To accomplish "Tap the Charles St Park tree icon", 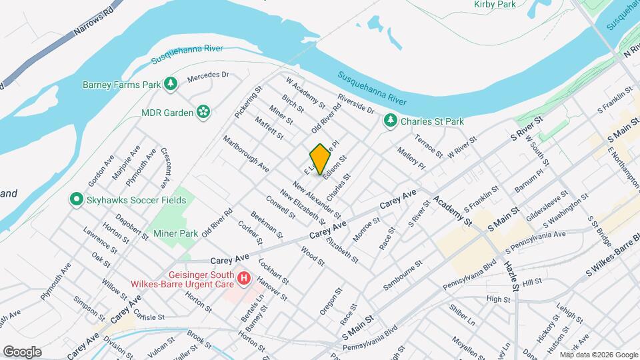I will pyautogui.click(x=390, y=121).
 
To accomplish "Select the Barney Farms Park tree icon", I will pyautogui.click(x=172, y=84).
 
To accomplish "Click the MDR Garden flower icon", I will pyautogui.click(x=203, y=112).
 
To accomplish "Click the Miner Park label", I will pyautogui.click(x=176, y=233).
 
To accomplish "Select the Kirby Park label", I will pyautogui.click(x=495, y=5).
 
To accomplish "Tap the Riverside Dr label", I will pyautogui.click(x=356, y=103).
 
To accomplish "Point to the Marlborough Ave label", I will pyautogui.click(x=246, y=155).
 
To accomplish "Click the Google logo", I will pyautogui.click(x=22, y=351).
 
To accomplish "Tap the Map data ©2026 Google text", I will pyautogui.click(x=597, y=355).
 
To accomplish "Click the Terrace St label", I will pyautogui.click(x=428, y=146).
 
